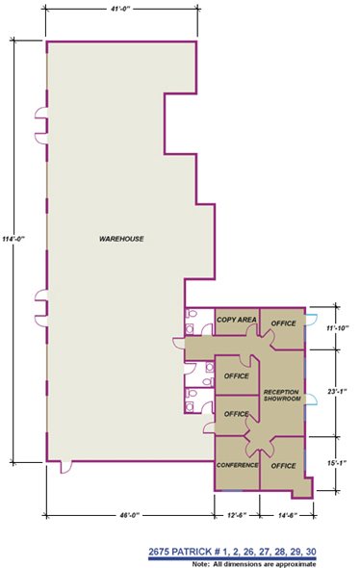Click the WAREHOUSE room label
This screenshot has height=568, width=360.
[x=121, y=238]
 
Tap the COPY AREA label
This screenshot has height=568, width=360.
[x=236, y=320]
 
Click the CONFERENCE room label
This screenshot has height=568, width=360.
[x=237, y=466]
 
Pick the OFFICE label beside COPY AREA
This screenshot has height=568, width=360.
[x=283, y=323]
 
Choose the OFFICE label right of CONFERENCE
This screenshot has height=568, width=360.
[x=283, y=466]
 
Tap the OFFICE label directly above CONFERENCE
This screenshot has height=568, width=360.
[x=236, y=414]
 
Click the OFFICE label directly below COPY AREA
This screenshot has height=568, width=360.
[x=237, y=375]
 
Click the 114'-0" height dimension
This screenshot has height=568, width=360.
[x=13, y=239]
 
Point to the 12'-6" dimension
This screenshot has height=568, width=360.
[x=237, y=516]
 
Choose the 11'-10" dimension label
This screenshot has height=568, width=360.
[x=336, y=328]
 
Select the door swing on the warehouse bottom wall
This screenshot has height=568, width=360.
[x=64, y=468]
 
